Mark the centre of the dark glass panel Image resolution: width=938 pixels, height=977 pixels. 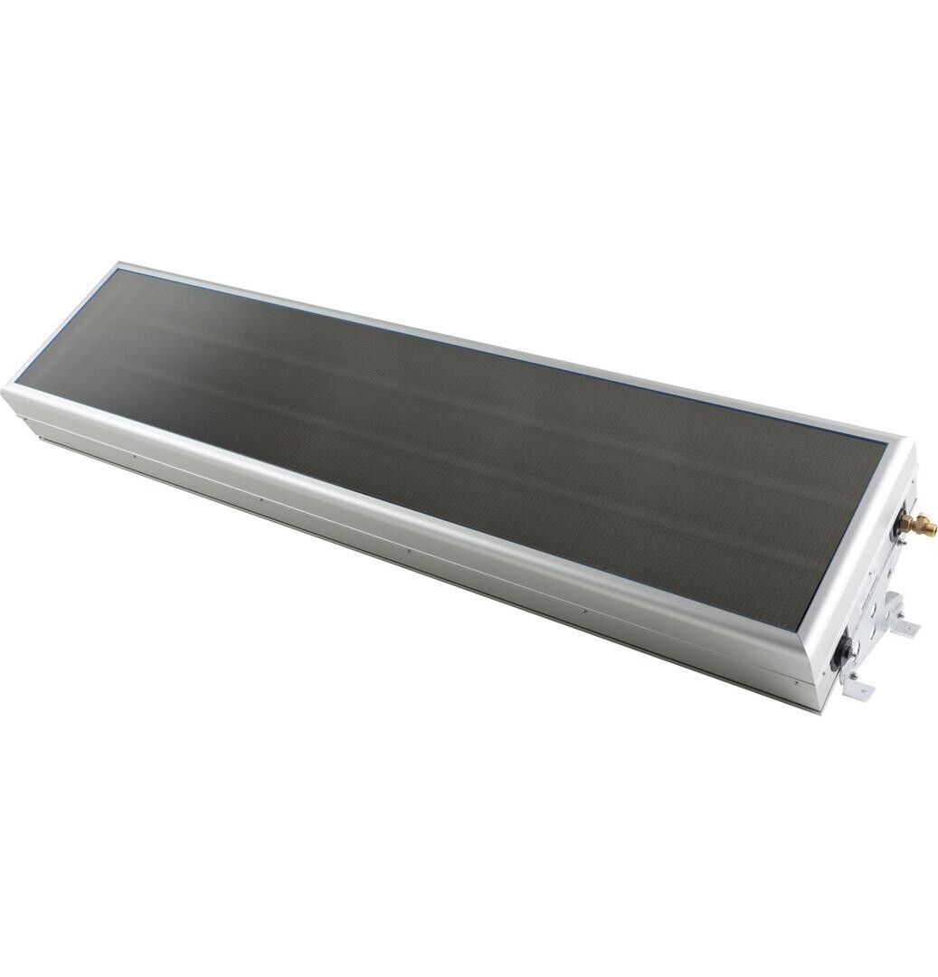[x=470, y=434]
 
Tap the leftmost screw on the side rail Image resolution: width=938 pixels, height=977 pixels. [x=135, y=455]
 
